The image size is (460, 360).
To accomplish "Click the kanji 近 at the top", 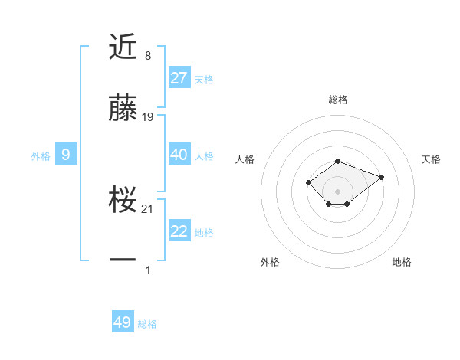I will tap(123, 47).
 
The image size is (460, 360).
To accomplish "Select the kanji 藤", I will tap(123, 109).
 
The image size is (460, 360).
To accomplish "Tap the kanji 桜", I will tap(123, 201).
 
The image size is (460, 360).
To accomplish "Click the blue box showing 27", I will tap(179, 77).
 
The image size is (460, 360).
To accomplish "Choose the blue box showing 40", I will tap(179, 155).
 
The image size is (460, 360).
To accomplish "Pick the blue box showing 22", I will tap(179, 231).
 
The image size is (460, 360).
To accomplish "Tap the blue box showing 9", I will tap(66, 155).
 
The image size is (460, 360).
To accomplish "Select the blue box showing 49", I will tap(123, 322).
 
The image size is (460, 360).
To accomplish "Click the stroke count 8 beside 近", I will tap(147, 56).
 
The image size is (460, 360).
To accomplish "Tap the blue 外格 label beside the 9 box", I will tap(41, 155).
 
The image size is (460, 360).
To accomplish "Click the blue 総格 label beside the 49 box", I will tap(147, 324).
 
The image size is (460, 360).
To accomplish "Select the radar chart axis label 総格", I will tap(338, 100).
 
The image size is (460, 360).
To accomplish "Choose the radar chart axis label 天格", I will tap(431, 159).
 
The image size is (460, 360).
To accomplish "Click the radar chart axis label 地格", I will tap(402, 262).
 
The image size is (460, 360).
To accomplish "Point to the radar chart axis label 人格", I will tap(245, 159).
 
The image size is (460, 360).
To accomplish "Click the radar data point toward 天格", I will tap(381, 177).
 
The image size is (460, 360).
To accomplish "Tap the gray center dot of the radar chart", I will tap(338, 191).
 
